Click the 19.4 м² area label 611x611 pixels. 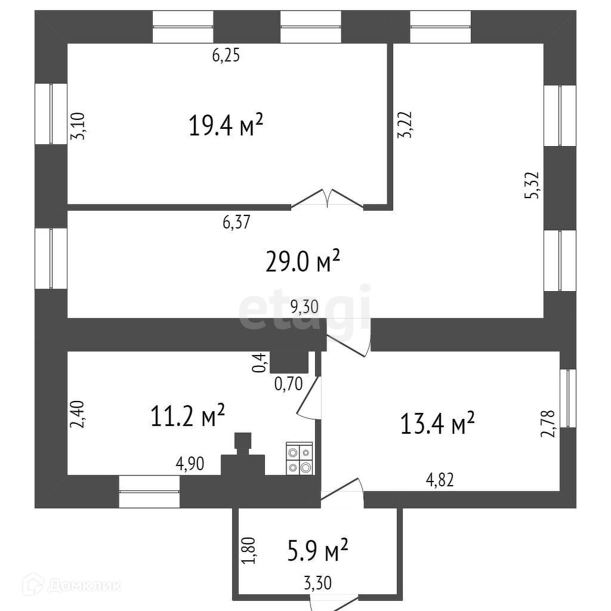226,126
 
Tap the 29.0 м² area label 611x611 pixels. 303,261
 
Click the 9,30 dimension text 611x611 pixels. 305,307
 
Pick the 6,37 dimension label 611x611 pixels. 237,223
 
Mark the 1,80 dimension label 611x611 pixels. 250,550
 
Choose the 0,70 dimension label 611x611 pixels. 289,383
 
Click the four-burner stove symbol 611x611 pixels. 299,458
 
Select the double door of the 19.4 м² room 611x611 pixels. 327,199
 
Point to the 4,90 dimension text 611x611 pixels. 190,464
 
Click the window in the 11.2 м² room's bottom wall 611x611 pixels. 149,491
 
